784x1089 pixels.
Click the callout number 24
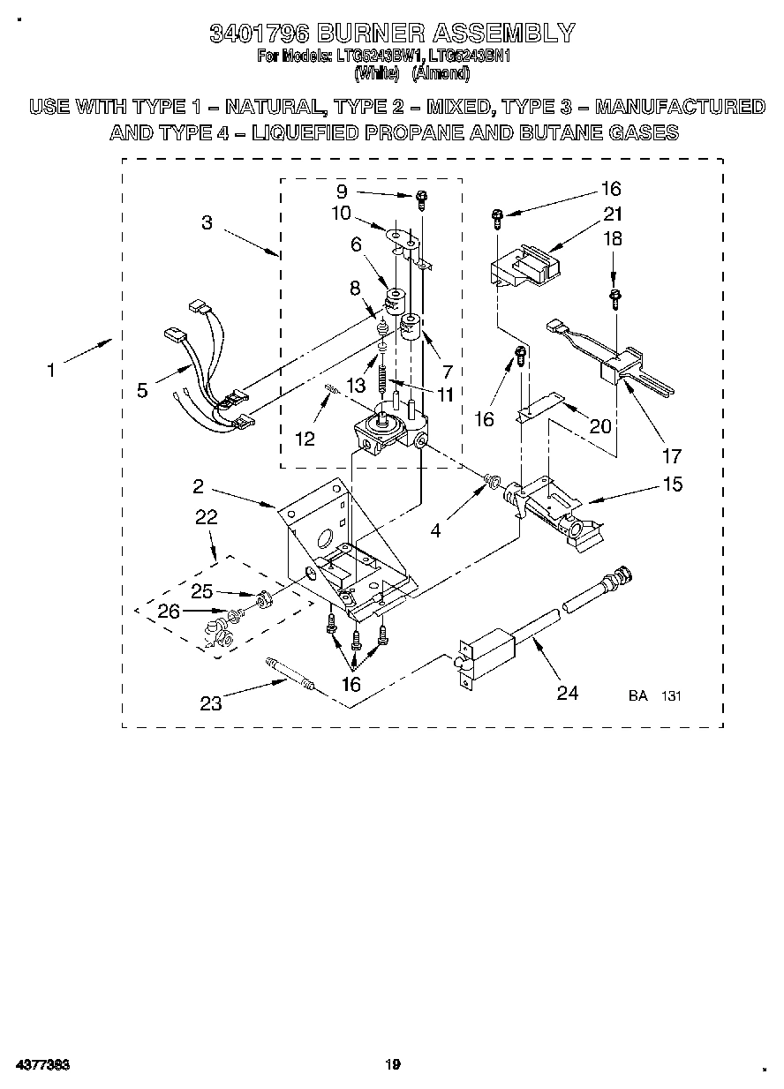pos(567,694)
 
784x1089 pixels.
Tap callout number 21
pos(612,214)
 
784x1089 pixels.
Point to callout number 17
pos(672,455)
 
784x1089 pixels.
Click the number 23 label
pos(212,703)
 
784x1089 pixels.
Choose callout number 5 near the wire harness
pos(142,390)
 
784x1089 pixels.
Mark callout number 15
pos(672,484)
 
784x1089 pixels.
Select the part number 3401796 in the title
pos(258,34)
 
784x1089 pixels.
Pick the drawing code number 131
pos(672,696)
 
